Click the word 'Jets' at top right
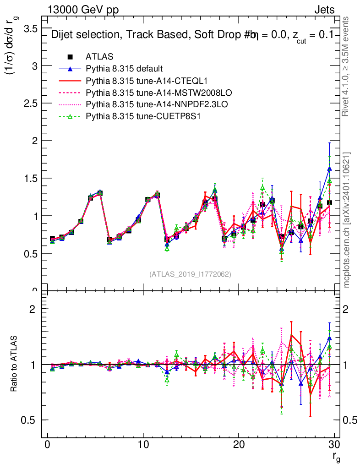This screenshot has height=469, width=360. point(324,9)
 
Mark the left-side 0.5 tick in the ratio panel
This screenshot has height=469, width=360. point(31,420)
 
